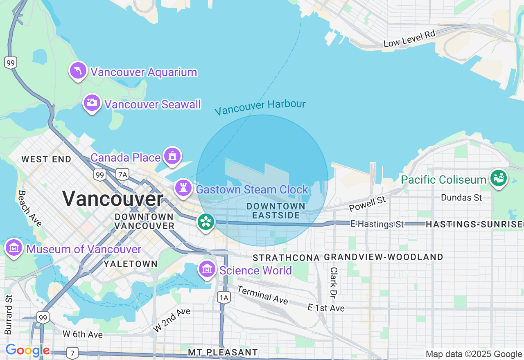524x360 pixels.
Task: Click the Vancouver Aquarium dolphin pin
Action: click(78, 71)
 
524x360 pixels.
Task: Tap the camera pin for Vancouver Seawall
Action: click(92, 103)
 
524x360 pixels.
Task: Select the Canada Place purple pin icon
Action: click(172, 156)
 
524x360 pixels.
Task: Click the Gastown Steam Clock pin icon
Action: click(183, 188)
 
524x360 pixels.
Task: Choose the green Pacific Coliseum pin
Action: click(499, 178)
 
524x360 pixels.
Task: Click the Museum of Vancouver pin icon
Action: click(14, 248)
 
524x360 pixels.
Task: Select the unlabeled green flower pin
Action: click(205, 222)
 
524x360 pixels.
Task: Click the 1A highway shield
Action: click(224, 297)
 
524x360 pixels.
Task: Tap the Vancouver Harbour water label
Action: click(260, 107)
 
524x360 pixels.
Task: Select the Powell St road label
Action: click(367, 204)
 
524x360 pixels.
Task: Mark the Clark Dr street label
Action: click(334, 283)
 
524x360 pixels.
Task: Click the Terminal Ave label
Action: click(262, 295)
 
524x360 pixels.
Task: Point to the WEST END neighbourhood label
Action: click(46, 159)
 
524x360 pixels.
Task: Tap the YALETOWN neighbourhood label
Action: click(131, 264)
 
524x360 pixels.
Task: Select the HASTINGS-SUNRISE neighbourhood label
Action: click(474, 224)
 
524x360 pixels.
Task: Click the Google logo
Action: click(27, 350)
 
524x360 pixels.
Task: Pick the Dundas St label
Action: click(461, 198)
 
